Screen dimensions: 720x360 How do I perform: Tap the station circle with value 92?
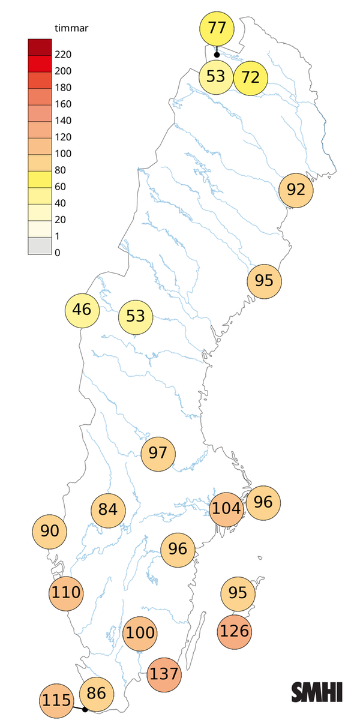[296, 190]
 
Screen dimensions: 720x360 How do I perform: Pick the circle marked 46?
[82, 310]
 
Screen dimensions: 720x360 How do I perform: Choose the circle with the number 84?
[108, 510]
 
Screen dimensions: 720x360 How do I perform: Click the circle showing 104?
[227, 509]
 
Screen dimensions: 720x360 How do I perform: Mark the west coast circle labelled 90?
[50, 531]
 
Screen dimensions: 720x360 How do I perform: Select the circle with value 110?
[66, 593]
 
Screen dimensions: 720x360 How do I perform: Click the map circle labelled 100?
[140, 633]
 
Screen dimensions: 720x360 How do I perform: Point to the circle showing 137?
[164, 673]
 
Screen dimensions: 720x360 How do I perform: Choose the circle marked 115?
[57, 700]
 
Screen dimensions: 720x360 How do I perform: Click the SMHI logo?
[317, 692]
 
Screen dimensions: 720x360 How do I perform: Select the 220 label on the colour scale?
[62, 55]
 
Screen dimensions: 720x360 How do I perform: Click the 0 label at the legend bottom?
[58, 253]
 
